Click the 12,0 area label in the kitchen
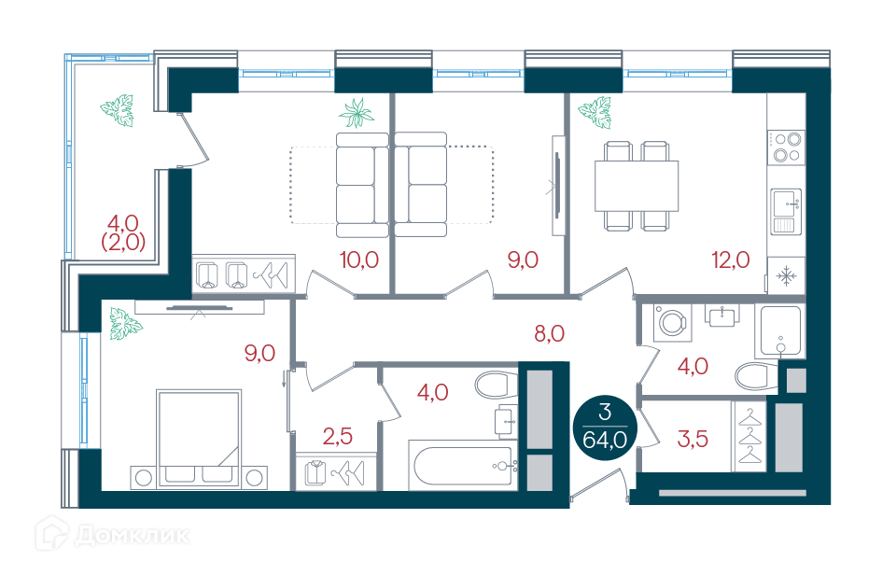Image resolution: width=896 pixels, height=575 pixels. coord(730,260)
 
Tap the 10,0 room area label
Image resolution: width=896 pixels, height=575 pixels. coord(358,260)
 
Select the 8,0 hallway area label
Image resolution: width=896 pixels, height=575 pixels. coord(549,333)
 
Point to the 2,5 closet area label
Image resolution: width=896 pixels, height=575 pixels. coord(337,437)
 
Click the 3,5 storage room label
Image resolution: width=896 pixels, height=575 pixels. coord(693,439)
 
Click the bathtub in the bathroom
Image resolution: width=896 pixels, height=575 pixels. coord(463,465)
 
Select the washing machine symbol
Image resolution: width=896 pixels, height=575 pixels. coord(672,323)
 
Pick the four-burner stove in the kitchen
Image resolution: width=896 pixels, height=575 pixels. coord(786,147)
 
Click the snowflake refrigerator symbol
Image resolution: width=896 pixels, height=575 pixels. coord(786,276)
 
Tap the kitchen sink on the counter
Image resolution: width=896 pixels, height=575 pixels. coord(786,212)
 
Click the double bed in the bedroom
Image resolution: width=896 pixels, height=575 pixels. coord(199,439)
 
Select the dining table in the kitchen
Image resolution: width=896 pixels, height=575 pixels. coord(637,187)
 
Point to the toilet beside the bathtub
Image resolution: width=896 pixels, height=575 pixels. coord(496,385)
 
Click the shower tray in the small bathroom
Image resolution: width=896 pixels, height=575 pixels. coord(780,331)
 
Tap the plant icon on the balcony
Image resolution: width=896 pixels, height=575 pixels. coord(118,110)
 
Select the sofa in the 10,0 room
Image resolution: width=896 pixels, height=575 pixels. coord(362,185)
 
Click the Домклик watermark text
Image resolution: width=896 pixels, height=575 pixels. coord(132,536)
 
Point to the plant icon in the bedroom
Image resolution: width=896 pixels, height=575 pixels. coord(125,324)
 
